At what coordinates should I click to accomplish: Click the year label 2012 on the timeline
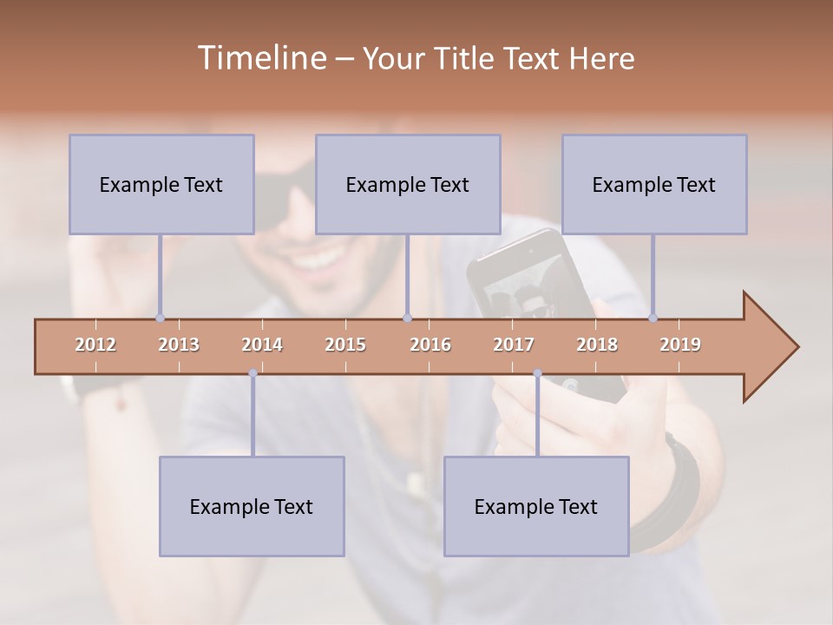tap(95, 345)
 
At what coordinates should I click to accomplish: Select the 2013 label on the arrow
tap(179, 345)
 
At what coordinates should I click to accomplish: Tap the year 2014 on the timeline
tap(262, 345)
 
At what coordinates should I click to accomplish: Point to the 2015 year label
tap(345, 345)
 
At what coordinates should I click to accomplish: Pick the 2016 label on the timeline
tap(430, 345)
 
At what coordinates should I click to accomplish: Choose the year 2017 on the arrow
tap(514, 345)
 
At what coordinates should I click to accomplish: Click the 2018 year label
tap(597, 345)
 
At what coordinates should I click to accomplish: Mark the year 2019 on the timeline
tap(680, 345)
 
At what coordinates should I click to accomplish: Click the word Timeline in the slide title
tap(261, 58)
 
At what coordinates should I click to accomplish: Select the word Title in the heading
tap(466, 58)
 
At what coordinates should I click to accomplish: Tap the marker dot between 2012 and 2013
tap(160, 318)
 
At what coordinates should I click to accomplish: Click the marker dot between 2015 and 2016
tap(408, 318)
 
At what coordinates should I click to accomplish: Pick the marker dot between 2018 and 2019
tap(653, 318)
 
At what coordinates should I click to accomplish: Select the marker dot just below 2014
tap(253, 373)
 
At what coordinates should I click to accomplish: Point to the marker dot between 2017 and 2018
tap(537, 373)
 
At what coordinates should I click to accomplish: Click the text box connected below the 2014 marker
tap(252, 506)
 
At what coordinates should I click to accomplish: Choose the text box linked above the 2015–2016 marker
tap(408, 184)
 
